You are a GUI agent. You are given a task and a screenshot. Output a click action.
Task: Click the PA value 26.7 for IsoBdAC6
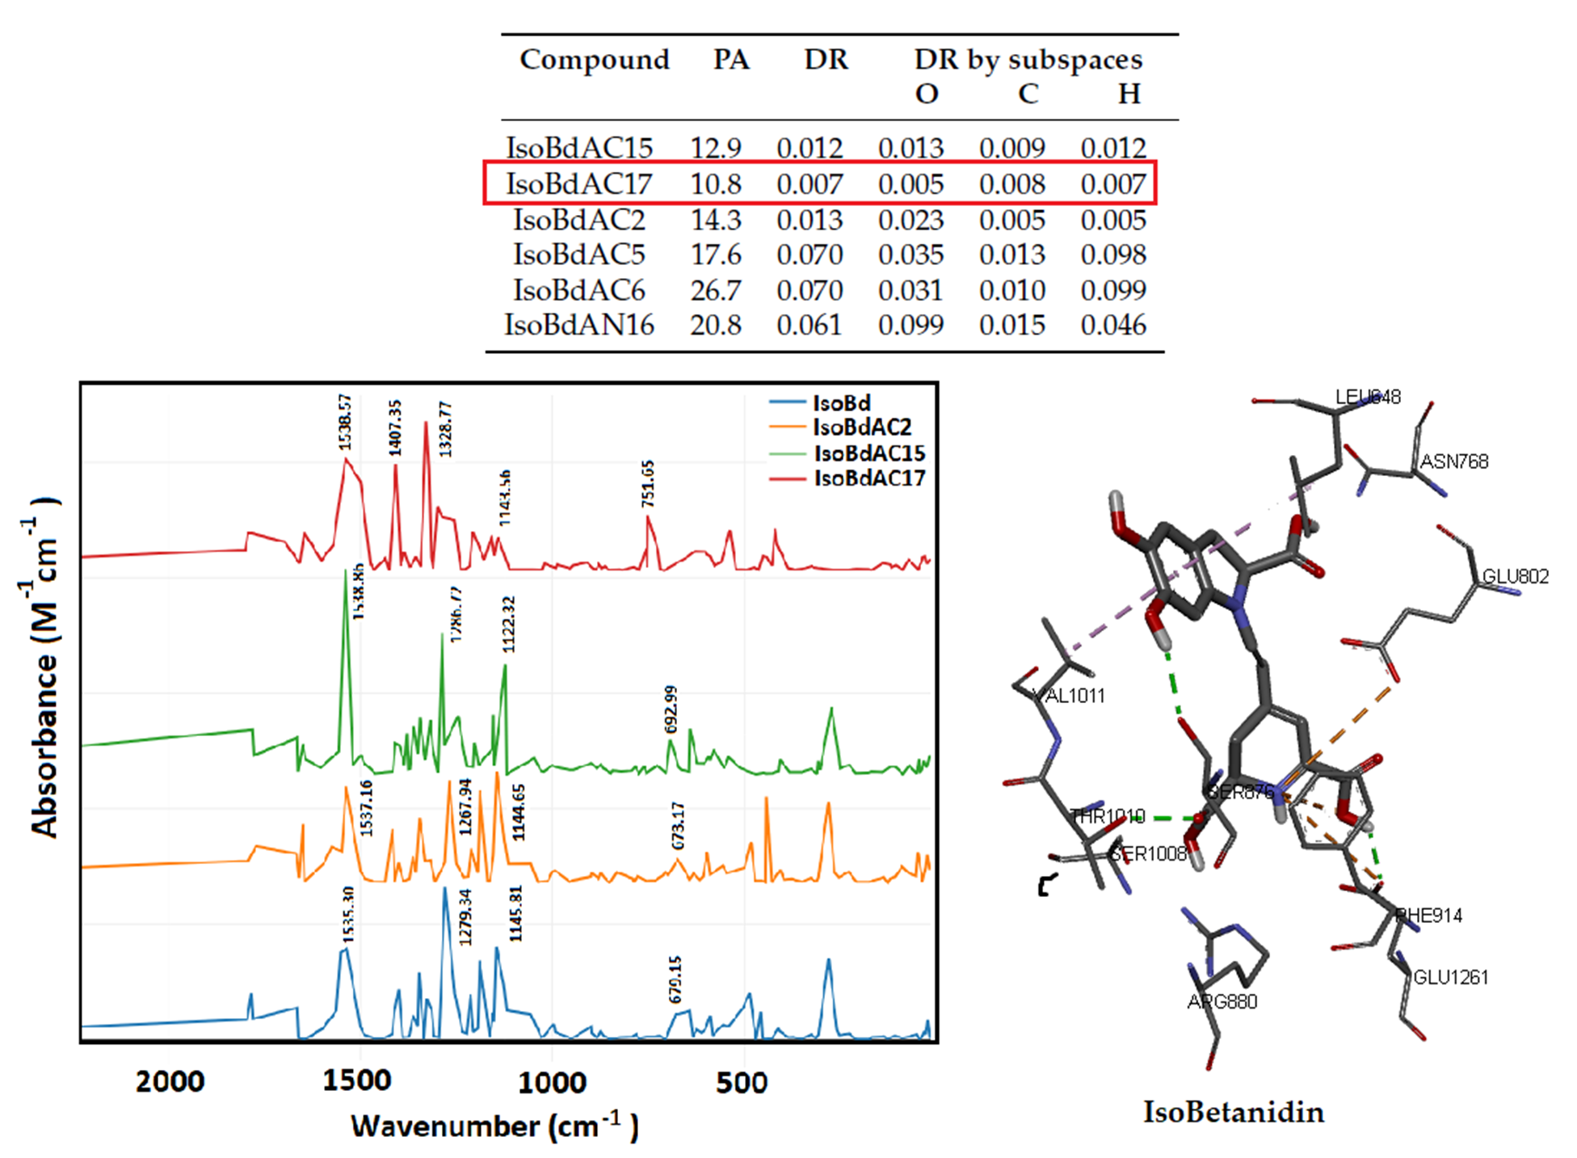point(715,289)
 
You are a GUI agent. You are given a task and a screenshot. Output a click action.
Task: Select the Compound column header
point(594,59)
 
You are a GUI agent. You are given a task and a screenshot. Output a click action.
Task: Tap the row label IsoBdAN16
point(578,325)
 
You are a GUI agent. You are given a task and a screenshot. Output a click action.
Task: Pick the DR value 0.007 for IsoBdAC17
point(810,184)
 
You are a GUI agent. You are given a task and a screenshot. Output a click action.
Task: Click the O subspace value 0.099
point(910,325)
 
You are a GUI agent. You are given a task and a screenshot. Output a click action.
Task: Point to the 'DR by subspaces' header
point(1028,59)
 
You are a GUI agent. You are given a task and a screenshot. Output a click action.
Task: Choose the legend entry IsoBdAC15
point(868,453)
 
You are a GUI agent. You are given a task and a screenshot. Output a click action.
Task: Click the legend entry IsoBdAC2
point(861,427)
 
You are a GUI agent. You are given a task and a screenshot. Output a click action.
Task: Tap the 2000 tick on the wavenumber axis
point(170,1081)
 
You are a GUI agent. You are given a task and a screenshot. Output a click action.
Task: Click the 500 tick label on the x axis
point(741,1081)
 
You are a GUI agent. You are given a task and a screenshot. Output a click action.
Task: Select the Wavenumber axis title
point(494,1126)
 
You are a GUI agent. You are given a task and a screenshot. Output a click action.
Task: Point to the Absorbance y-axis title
point(44,667)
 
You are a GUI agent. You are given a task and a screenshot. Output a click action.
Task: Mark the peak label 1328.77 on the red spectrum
point(445,428)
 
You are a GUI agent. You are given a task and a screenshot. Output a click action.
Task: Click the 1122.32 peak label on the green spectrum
point(508,625)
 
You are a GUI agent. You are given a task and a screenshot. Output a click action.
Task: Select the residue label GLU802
point(1515,576)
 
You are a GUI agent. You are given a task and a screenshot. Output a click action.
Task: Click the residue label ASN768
point(1454,461)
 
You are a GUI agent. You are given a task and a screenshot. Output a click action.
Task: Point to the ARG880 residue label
point(1222,1002)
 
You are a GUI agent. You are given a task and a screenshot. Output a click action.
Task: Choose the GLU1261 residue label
point(1450,977)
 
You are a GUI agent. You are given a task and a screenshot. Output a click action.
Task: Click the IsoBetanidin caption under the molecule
point(1233,1112)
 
